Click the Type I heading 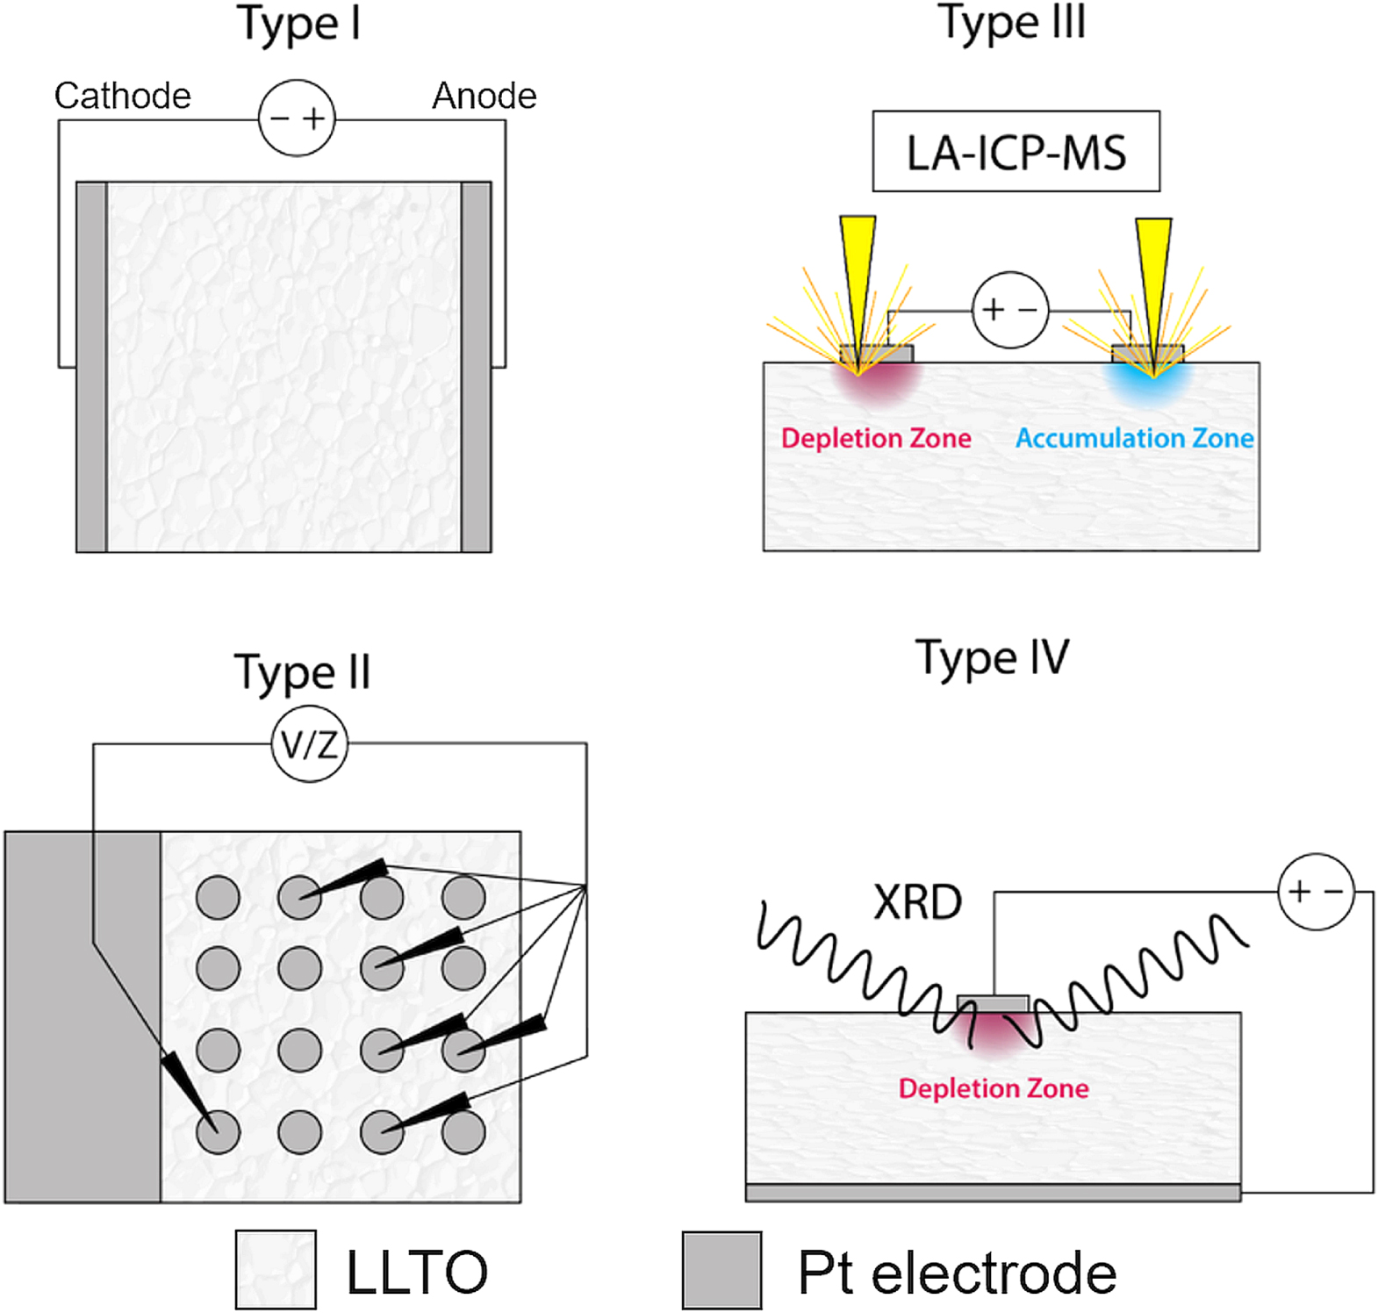tap(298, 25)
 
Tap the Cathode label tap(122, 96)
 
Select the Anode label tap(484, 96)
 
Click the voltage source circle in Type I tap(297, 118)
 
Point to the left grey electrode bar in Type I tap(91, 367)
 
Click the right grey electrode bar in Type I tap(476, 367)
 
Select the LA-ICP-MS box tap(1016, 152)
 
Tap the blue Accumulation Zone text tap(1134, 438)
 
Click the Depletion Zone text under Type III tap(876, 438)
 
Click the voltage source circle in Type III tap(1010, 310)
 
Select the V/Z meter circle tap(309, 745)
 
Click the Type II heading tap(302, 673)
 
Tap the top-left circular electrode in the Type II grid tap(218, 897)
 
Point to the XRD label tap(917, 902)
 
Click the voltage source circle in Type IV tap(1316, 892)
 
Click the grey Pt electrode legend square tap(721, 1270)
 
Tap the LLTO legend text tap(416, 1272)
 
